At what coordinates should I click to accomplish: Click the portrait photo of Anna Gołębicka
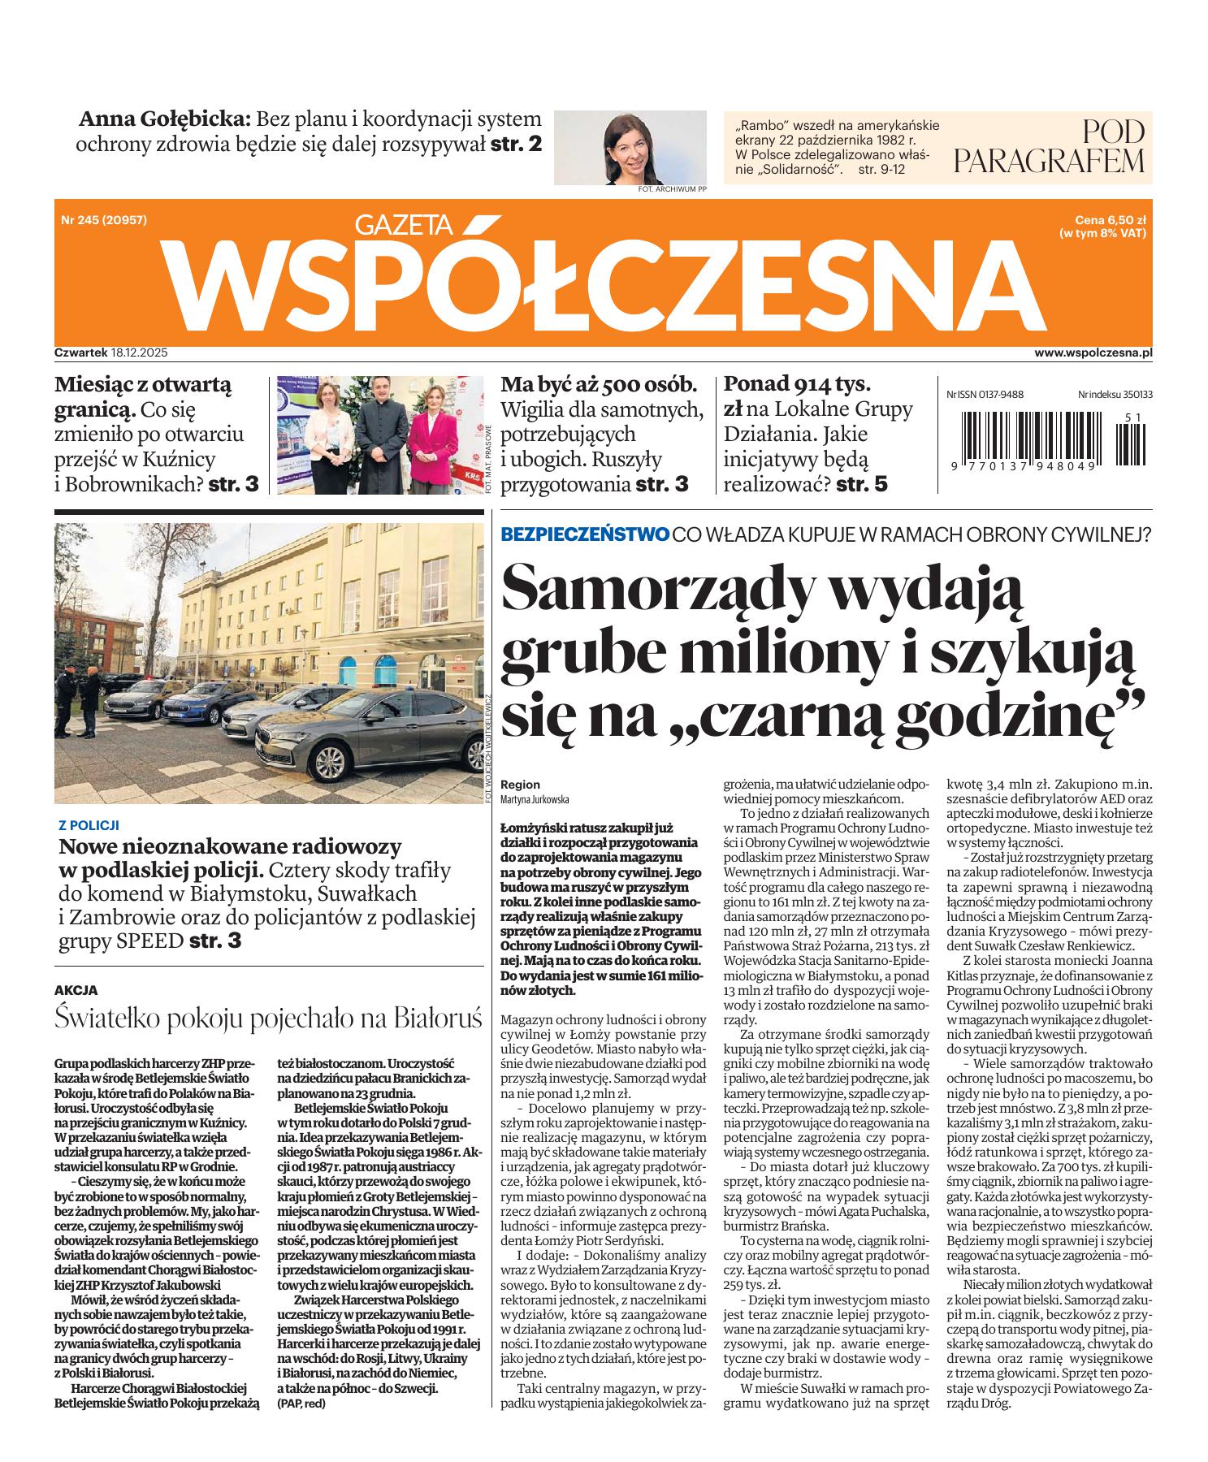(630, 148)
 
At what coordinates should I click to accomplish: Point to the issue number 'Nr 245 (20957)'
(104, 219)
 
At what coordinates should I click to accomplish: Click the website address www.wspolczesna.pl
(1093, 353)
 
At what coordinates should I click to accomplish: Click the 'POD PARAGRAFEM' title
(1049, 146)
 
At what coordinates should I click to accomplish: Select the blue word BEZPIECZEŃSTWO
(585, 534)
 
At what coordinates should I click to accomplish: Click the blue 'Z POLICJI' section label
(89, 824)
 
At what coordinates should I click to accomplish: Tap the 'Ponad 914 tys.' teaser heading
(796, 383)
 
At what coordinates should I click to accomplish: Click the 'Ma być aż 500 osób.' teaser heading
(599, 383)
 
